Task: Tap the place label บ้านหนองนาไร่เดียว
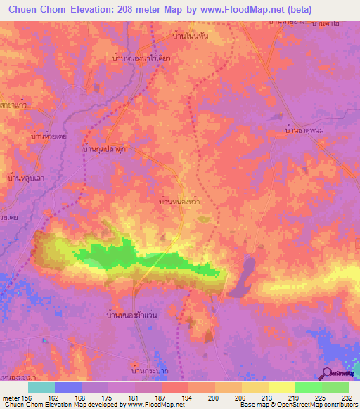(142, 59)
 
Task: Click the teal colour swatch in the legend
(41, 387)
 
